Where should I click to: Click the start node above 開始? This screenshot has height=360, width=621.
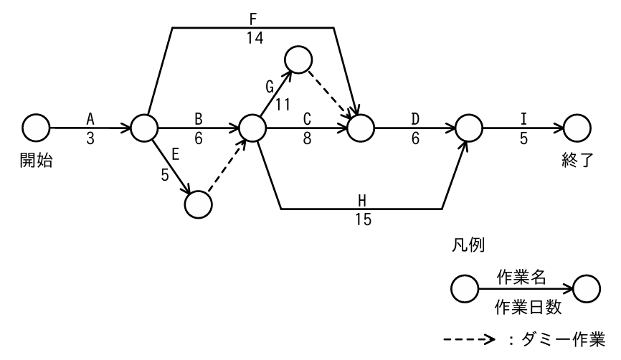36,128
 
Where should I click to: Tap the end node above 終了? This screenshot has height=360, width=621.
577,128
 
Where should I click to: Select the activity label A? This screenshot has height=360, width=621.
90,119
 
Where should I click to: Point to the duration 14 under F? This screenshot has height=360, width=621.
255,38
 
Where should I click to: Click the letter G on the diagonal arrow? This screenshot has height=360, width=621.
270,87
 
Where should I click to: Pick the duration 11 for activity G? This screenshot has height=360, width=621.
283,105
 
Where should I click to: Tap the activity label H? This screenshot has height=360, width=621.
362,201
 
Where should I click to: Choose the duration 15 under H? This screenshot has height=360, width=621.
363,219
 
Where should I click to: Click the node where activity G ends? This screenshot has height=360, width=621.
298,60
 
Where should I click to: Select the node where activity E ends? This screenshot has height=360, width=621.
199,204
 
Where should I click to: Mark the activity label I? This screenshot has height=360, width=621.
523,119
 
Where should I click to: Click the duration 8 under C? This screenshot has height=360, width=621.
308,138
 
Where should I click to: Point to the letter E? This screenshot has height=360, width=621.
176,154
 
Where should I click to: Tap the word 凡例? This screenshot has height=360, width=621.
468,245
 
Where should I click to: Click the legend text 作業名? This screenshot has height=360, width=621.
521,277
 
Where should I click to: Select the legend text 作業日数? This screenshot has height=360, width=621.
528,307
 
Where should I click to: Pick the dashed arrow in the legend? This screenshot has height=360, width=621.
469,339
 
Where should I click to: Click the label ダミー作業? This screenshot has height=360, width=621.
563,339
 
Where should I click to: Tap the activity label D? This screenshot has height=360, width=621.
415,119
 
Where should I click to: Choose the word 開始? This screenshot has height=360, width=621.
36,161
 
